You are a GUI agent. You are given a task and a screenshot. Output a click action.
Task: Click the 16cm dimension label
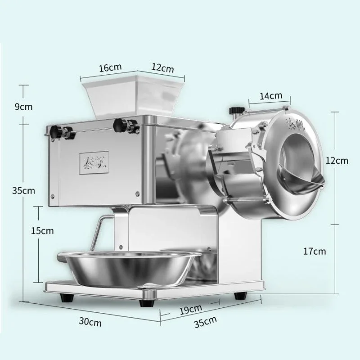110,68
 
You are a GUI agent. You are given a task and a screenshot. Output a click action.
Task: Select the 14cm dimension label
271,95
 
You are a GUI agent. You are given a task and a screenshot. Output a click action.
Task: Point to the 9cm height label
23,107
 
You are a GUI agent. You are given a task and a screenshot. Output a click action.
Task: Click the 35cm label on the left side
23,190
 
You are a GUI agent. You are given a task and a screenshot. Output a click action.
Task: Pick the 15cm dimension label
42,231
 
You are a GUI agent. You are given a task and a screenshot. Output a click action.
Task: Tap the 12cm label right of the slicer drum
337,161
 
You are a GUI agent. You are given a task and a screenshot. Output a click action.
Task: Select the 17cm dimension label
314,251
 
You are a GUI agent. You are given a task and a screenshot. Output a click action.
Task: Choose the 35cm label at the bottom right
205,322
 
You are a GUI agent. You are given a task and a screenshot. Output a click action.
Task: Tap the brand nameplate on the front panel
94,159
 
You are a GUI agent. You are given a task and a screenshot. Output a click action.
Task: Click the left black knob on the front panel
56,131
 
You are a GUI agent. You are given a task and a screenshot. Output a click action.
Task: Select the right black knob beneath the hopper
120,125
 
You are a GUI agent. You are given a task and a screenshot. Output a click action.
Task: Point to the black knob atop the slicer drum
234,110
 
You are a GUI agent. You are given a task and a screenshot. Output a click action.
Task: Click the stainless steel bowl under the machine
129,268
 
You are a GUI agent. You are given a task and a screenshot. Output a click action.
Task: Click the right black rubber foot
238,295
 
